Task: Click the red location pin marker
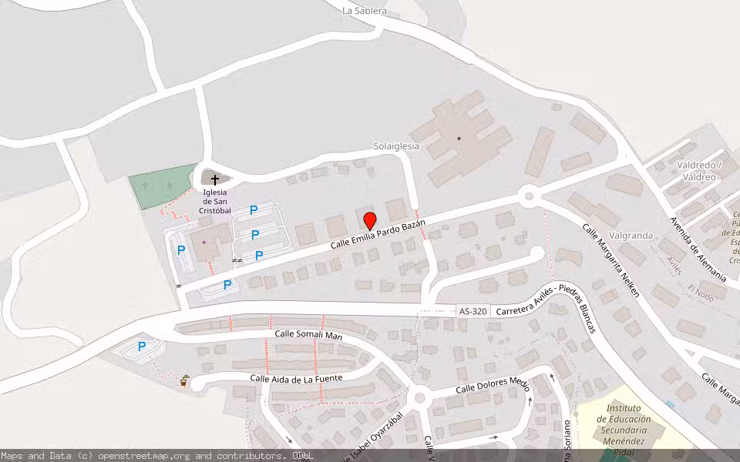pyautogui.click(x=370, y=220)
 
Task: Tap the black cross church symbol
pyautogui.click(x=214, y=179)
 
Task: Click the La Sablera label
pyautogui.click(x=365, y=12)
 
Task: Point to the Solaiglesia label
pyautogui.click(x=396, y=146)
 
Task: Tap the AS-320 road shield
pyautogui.click(x=473, y=312)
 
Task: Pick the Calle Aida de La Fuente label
pyautogui.click(x=296, y=378)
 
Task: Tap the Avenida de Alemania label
pyautogui.click(x=698, y=248)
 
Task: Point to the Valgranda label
pyautogui.click(x=631, y=236)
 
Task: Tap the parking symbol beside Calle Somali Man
pyautogui.click(x=142, y=346)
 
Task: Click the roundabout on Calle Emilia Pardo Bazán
pyautogui.click(x=529, y=196)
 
